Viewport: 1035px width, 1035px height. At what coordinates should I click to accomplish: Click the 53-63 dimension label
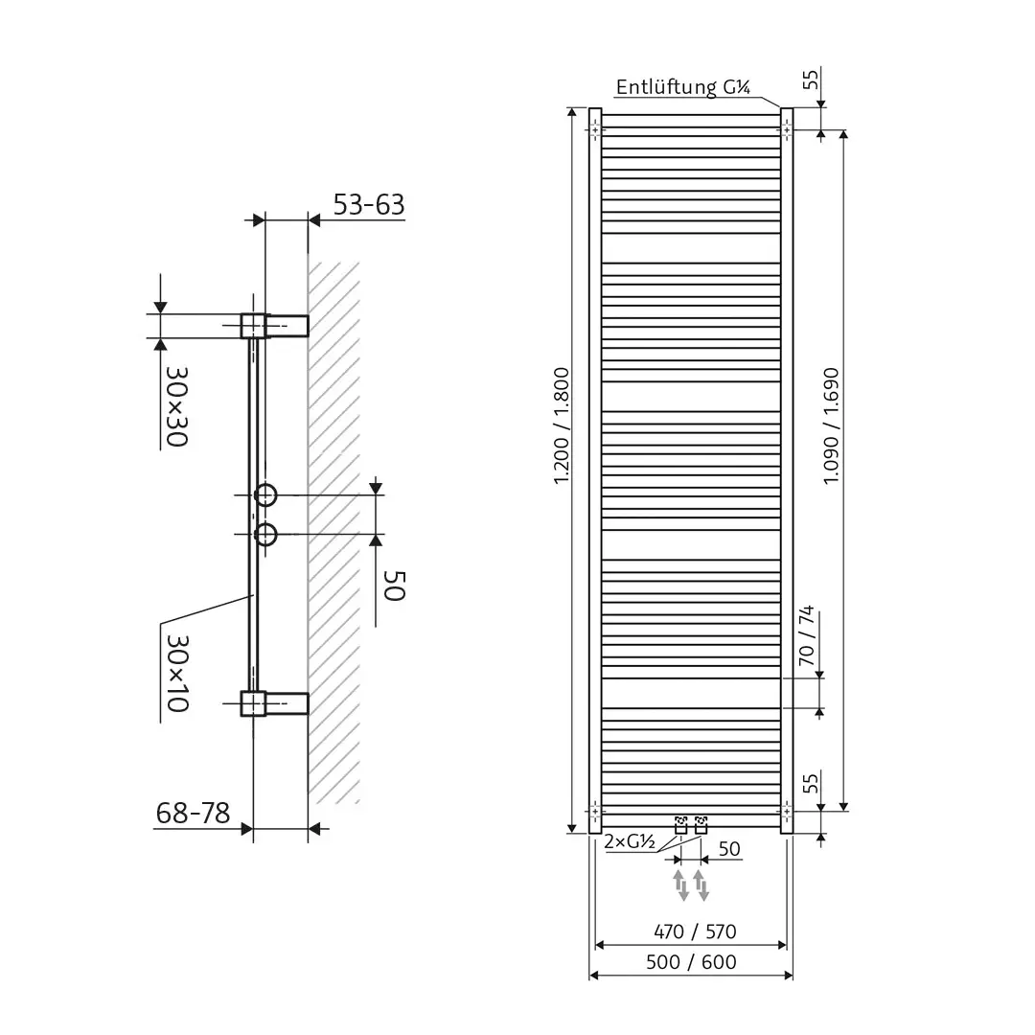(369, 205)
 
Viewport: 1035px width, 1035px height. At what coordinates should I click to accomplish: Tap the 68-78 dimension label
(193, 814)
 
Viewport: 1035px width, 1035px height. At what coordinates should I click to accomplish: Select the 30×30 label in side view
(175, 405)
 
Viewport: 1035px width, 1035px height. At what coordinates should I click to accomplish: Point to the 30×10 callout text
(175, 671)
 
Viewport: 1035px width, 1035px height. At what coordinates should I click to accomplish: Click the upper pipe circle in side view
(265, 495)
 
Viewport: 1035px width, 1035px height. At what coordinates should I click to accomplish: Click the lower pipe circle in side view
(265, 533)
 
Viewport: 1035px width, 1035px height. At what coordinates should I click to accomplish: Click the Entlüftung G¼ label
(682, 88)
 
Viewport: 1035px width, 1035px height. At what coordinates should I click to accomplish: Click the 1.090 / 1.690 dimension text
(831, 426)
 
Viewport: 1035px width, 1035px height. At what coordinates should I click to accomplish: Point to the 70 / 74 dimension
(806, 637)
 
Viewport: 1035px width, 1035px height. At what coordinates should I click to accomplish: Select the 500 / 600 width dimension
(691, 962)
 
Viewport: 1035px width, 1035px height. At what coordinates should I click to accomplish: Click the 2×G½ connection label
(630, 843)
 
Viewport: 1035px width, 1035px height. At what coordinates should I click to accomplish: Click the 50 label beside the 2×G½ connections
(729, 849)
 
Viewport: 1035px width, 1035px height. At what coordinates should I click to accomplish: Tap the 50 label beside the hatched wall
(394, 585)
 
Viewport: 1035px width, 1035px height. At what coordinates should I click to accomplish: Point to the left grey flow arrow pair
(680, 884)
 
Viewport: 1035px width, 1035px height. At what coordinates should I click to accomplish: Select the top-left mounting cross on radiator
(595, 129)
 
